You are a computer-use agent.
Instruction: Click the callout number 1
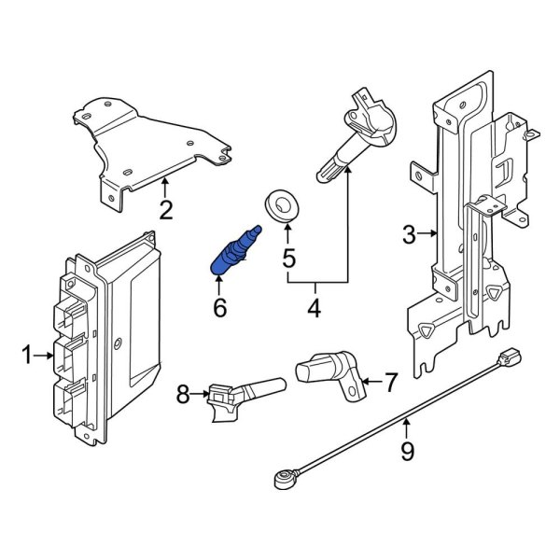(x=27, y=354)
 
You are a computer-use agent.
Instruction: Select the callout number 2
(x=165, y=210)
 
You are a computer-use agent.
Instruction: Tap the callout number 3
(x=409, y=235)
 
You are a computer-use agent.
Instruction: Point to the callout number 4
(x=314, y=307)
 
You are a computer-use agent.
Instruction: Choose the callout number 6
(x=220, y=306)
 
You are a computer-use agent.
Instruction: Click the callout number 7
(x=390, y=381)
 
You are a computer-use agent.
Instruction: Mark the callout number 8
(x=183, y=396)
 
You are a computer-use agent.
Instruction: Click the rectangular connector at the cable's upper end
(x=510, y=357)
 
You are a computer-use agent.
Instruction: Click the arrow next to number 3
(x=429, y=235)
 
